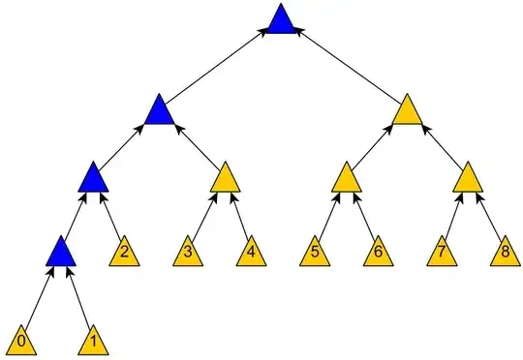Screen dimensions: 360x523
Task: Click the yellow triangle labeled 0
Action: pyautogui.click(x=22, y=340)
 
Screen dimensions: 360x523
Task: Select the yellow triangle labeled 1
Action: pyautogui.click(x=93, y=340)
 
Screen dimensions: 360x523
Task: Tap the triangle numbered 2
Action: pyautogui.click(x=124, y=254)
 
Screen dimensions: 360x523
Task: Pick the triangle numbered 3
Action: pyautogui.click(x=189, y=254)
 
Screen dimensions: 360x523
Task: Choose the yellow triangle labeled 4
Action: pyautogui.click(x=251, y=254)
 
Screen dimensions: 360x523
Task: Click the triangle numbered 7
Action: pyautogui.click(x=442, y=254)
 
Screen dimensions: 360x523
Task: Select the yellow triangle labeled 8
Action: pyautogui.click(x=504, y=254)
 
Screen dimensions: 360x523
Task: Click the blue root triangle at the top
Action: pyautogui.click(x=281, y=21)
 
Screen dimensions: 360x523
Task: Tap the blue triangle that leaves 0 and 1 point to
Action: pyautogui.click(x=61, y=254)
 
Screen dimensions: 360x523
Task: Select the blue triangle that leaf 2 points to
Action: pyautogui.click(x=92, y=179)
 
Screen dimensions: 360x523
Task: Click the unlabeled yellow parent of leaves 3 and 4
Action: pyautogui.click(x=225, y=179)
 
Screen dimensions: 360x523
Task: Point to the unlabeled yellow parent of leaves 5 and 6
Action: pyautogui.click(x=346, y=179)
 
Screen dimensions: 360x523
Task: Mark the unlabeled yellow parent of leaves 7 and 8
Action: pyautogui.click(x=469, y=179)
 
